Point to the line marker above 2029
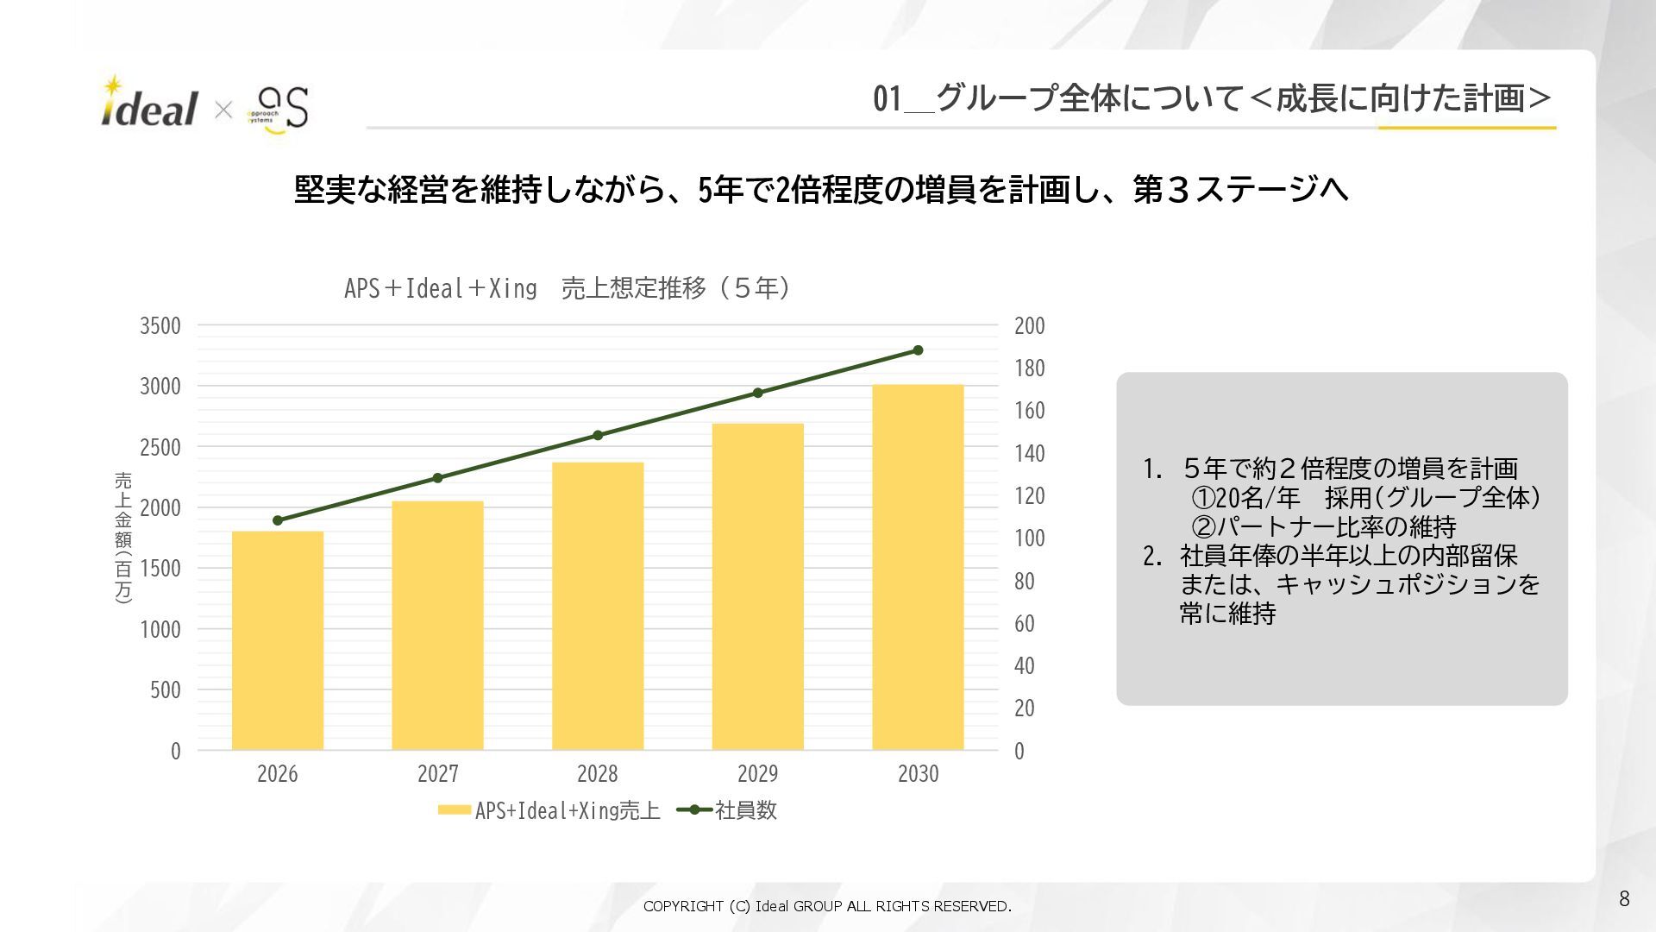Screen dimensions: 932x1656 click(758, 393)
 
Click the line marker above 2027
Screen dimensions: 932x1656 click(437, 478)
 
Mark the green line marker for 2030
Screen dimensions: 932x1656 click(918, 350)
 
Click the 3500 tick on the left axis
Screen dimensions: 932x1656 click(160, 326)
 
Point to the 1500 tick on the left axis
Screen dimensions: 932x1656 click(160, 569)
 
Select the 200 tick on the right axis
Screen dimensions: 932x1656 click(1029, 326)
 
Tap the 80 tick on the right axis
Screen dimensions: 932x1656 click(1024, 581)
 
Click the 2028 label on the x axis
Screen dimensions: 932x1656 click(598, 773)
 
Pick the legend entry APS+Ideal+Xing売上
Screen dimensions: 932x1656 click(549, 810)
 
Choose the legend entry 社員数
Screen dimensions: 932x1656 click(728, 810)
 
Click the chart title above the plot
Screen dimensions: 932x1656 click(567, 287)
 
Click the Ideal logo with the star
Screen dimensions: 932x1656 click(149, 104)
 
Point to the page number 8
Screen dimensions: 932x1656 click(1624, 899)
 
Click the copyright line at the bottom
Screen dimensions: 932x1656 click(827, 906)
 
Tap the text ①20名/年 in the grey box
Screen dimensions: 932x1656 click(1245, 498)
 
